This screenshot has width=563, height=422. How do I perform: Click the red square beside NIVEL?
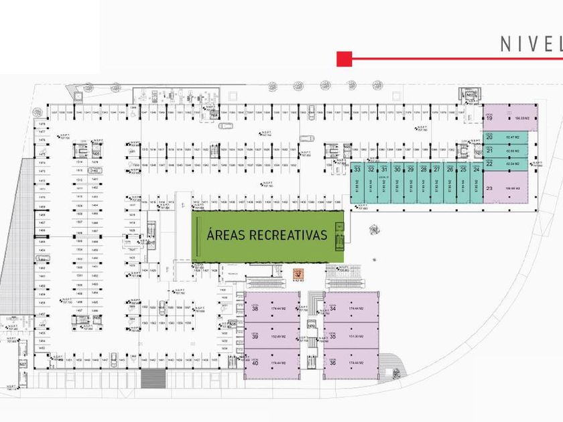coord(345,59)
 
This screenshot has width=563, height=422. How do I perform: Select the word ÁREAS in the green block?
coord(226,235)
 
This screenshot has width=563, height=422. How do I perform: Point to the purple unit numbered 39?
coord(271,336)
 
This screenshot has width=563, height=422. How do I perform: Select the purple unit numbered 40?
coord(271,362)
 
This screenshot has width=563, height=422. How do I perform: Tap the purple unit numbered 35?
coord(352,336)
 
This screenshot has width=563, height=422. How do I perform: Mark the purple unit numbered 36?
coord(352,362)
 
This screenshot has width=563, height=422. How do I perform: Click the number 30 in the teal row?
coord(397,169)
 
